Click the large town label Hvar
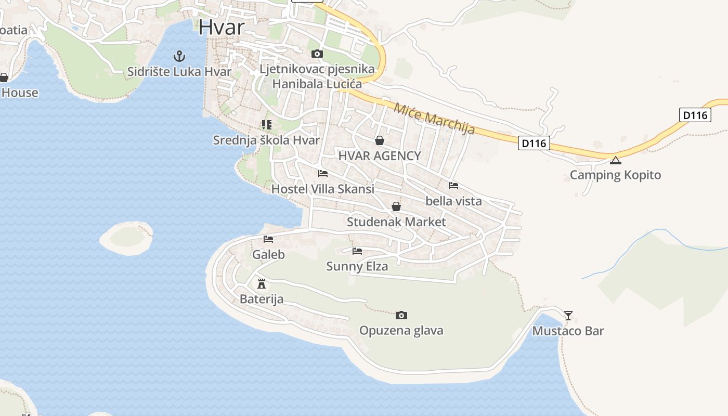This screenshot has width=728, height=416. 221,27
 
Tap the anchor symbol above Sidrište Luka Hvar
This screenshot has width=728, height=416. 179,56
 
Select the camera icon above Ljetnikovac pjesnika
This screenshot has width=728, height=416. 317,54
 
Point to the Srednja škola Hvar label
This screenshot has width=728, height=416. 266,140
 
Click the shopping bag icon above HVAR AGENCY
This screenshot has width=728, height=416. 380,140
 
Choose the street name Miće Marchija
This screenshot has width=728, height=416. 434,119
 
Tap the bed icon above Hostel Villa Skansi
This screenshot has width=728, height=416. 323,174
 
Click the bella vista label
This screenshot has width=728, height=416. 453,201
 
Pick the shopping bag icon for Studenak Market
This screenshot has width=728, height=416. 396,206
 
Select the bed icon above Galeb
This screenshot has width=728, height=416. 268,239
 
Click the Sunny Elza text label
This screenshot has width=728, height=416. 357,266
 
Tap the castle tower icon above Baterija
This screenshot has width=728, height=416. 262,284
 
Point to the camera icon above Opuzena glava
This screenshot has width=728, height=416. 401,315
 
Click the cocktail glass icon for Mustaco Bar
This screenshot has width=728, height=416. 568,315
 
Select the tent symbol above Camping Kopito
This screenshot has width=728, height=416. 616,160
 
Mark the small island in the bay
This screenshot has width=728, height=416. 126,238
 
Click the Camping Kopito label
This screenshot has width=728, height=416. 615,175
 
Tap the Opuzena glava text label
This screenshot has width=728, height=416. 401,330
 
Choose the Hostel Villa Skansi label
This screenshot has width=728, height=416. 322,189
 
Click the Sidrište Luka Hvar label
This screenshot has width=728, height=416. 179,71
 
